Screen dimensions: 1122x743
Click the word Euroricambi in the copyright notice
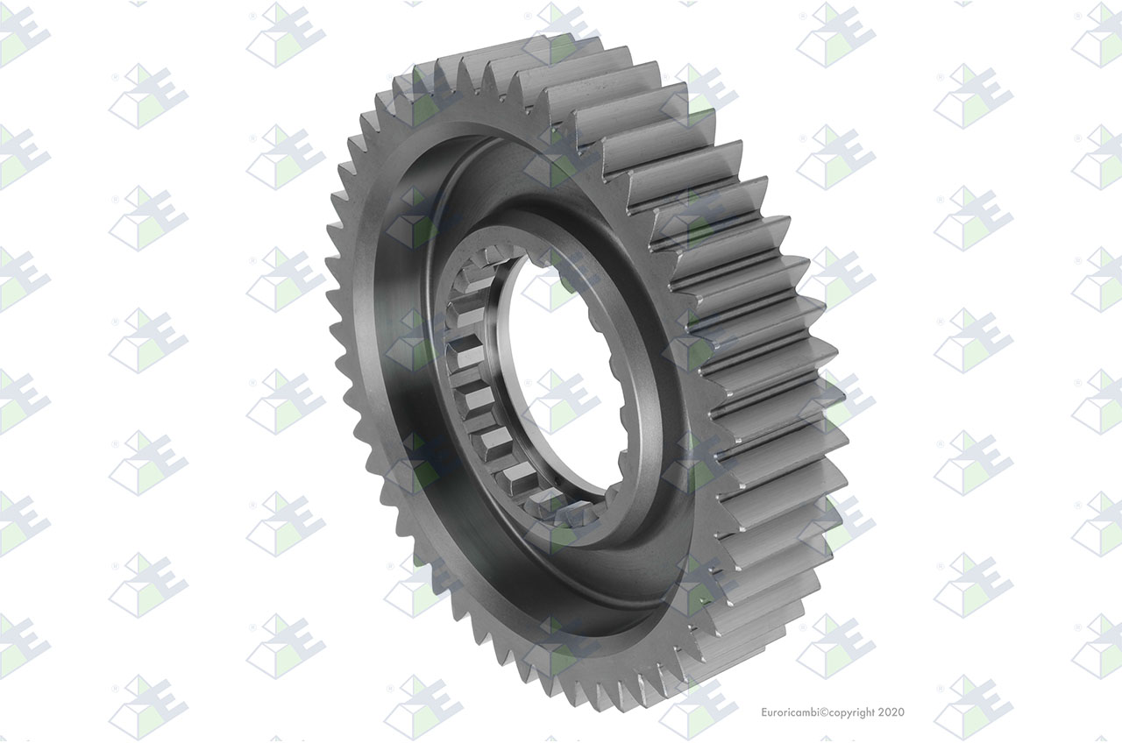coord(790,712)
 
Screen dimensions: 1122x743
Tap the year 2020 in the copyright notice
coord(891,712)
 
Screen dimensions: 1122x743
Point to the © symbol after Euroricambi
coord(824,712)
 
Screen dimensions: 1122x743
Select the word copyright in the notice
coord(852,713)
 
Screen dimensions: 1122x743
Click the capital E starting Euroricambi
coord(764,712)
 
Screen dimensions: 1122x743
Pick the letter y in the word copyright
coord(849,714)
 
